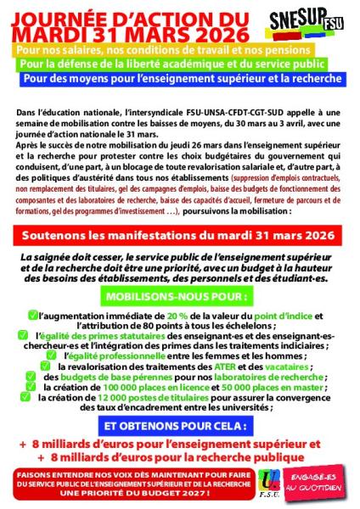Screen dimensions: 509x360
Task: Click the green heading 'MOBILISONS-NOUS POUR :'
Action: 179,299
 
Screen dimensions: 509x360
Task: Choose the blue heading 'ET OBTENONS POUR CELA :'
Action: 180,423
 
